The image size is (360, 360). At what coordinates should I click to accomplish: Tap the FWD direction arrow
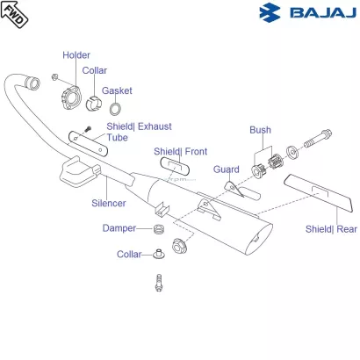(15, 15)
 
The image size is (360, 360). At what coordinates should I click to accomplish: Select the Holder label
(76, 55)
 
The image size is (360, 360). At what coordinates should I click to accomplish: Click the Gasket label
(117, 90)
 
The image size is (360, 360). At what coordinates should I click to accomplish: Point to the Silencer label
(109, 203)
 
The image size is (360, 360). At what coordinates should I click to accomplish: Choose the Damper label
(119, 228)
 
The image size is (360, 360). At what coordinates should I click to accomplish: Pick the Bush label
(260, 130)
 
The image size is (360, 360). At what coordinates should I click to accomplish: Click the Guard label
(227, 169)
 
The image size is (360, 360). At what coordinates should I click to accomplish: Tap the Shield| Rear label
(331, 229)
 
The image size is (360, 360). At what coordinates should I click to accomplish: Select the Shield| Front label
(181, 151)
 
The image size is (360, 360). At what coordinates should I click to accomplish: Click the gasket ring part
(115, 109)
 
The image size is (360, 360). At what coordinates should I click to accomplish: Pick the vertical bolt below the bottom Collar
(160, 281)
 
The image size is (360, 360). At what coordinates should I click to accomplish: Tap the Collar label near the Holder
(95, 70)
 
